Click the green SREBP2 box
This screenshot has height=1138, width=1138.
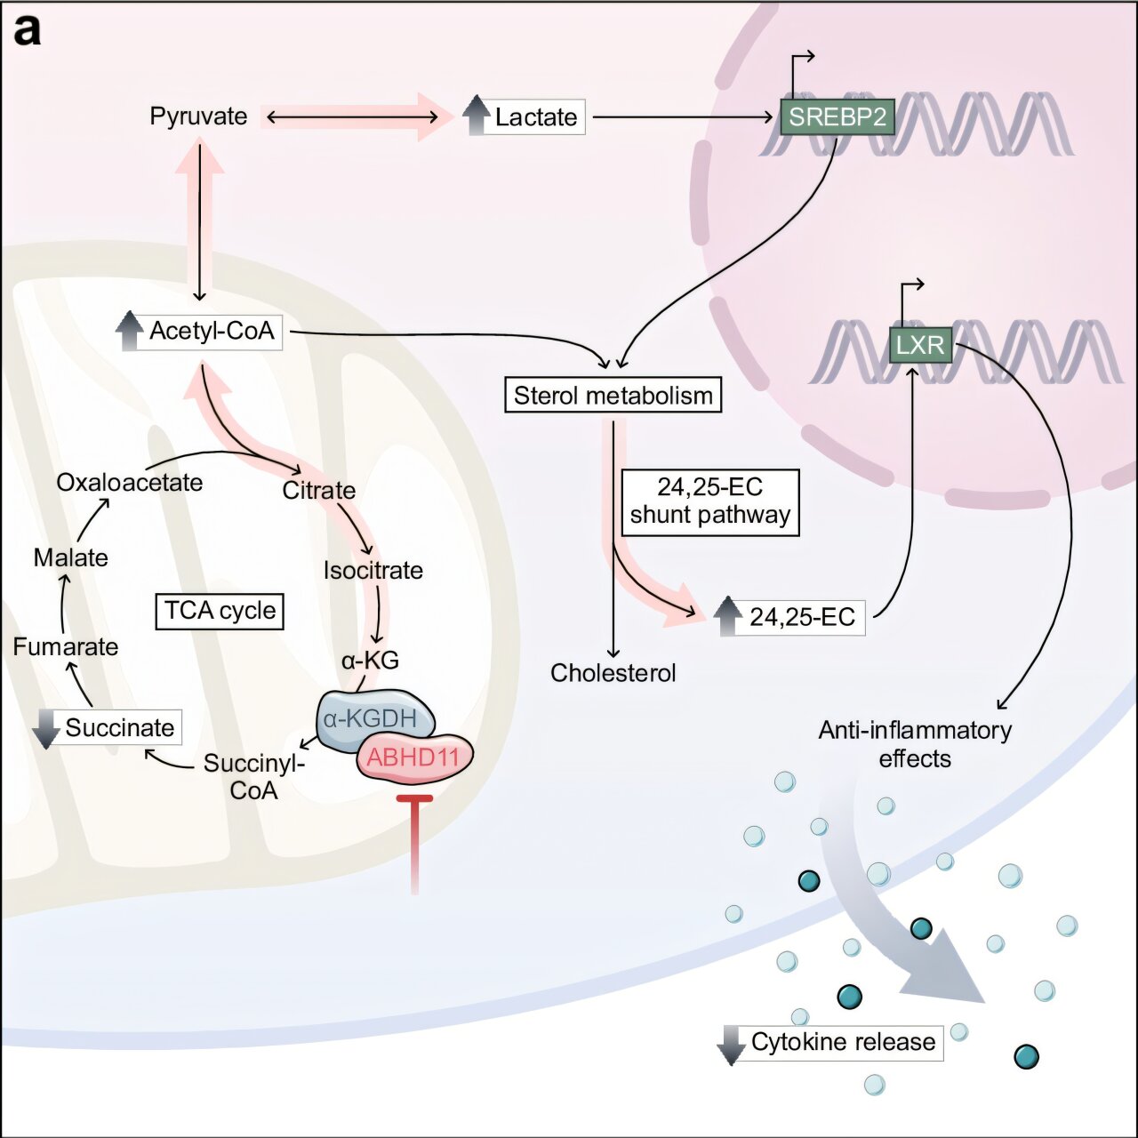tap(837, 116)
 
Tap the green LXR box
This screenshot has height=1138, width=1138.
tap(920, 345)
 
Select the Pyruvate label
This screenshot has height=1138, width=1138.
tap(198, 116)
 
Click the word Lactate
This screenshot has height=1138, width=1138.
tap(535, 117)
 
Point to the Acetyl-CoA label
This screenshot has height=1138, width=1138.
tap(212, 332)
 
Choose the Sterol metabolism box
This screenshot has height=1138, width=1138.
tap(613, 395)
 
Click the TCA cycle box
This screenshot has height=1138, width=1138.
tap(220, 611)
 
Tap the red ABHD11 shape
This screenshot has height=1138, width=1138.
tap(414, 757)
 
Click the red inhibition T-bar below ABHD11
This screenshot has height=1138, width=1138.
tap(414, 844)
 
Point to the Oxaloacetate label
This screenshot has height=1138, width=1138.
tap(129, 483)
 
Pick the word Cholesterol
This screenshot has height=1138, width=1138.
tap(613, 673)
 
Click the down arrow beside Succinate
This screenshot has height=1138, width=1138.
tap(46, 729)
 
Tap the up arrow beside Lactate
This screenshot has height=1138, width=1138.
tap(476, 116)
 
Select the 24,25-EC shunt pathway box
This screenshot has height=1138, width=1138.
tap(710, 502)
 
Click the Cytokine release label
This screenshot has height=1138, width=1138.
tap(844, 1042)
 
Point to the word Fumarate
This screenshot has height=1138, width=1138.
tap(66, 646)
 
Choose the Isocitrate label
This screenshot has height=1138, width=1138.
tap(373, 571)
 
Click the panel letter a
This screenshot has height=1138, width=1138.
tap(28, 31)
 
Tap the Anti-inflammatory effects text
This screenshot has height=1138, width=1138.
tap(915, 745)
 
